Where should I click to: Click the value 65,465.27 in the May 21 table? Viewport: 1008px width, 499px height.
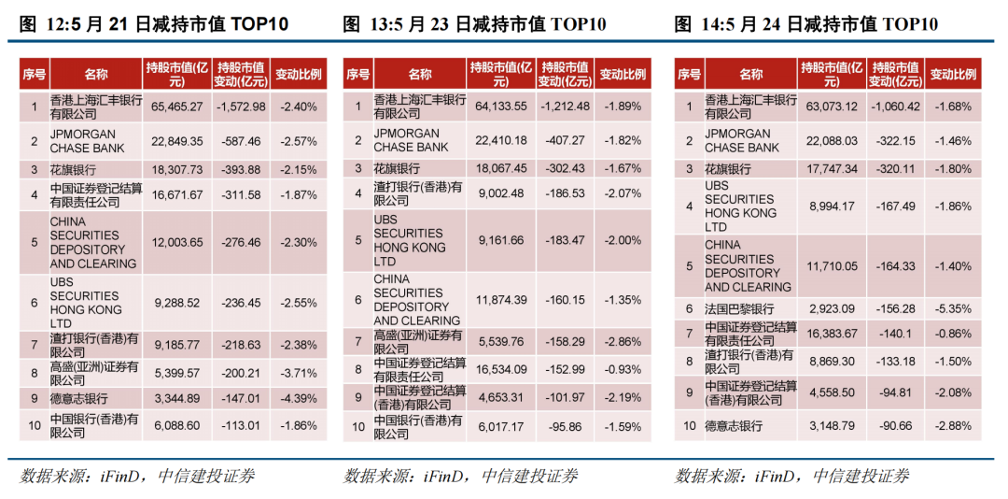177,107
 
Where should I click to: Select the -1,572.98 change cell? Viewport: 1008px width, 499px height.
240,107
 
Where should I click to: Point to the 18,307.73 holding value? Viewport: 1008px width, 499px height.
177,170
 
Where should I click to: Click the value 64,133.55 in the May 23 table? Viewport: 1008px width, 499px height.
501,106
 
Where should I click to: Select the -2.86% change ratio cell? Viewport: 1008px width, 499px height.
623,343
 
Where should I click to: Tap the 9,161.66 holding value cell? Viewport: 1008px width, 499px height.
501,240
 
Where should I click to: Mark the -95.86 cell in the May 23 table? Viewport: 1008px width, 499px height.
564,427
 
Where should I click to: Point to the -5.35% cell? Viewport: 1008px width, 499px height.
954,308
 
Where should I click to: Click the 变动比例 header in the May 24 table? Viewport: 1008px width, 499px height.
954,74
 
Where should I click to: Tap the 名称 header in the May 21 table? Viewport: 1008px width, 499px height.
96,74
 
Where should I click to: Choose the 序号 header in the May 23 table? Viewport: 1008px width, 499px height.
358,74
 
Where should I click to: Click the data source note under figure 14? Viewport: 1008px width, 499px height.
791,476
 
